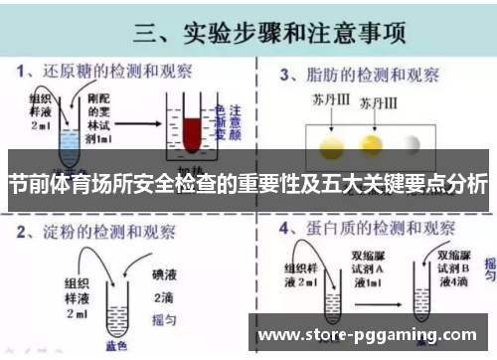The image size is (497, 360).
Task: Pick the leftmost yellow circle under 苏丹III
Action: (330, 146)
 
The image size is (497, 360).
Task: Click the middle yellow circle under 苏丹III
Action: (374, 146)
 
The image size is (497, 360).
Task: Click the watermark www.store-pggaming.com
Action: (373, 334)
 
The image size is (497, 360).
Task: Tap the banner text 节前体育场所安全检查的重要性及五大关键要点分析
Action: (248, 185)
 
